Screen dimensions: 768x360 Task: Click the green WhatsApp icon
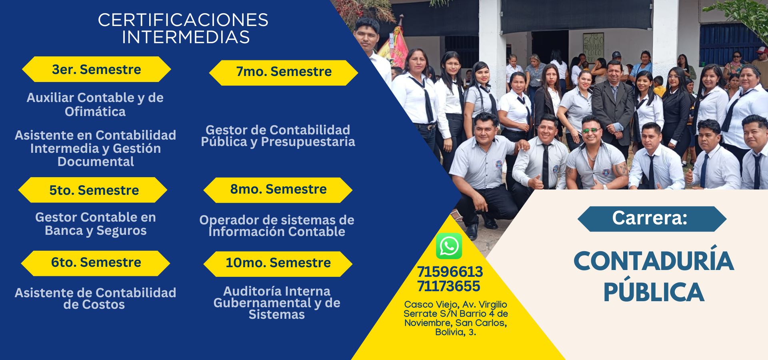449,246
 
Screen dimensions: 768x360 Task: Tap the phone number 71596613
450,272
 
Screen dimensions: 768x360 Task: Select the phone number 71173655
448,286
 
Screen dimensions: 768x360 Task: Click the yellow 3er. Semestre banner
96,69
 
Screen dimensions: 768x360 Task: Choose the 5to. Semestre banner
93,190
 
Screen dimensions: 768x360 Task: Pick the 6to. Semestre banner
96,263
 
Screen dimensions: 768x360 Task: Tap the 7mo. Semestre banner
284,72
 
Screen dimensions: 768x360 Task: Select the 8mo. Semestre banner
278,190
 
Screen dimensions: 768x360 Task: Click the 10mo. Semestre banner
278,263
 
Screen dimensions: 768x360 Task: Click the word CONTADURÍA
654,261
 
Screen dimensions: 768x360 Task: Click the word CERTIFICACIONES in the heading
183,20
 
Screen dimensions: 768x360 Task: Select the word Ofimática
95,112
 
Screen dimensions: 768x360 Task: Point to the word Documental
96,162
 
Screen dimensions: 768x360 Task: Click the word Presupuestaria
308,142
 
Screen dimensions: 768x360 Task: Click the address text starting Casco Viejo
456,318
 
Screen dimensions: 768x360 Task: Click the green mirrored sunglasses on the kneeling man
591,130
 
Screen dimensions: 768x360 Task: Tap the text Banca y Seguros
96,231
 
